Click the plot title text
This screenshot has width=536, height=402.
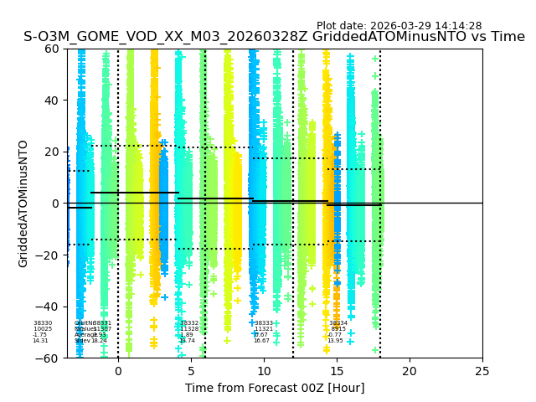[x=274, y=37]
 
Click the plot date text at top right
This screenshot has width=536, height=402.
[x=399, y=26]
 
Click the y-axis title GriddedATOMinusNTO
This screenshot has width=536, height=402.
[x=23, y=204]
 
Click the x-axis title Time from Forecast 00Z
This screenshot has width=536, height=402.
[x=275, y=388]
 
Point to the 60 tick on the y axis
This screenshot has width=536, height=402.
[x=53, y=49]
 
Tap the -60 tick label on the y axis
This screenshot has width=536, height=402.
[x=49, y=358]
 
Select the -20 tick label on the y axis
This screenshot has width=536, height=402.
[x=49, y=255]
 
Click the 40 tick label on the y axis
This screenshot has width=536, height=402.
[x=53, y=100]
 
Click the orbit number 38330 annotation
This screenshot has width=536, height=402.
[x=43, y=323]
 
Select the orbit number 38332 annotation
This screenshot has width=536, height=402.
[x=189, y=323]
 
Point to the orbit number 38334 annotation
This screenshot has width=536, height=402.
[x=338, y=323]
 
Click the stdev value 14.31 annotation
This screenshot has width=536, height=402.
[x=40, y=341]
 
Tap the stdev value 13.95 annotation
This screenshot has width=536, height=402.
[x=335, y=341]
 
